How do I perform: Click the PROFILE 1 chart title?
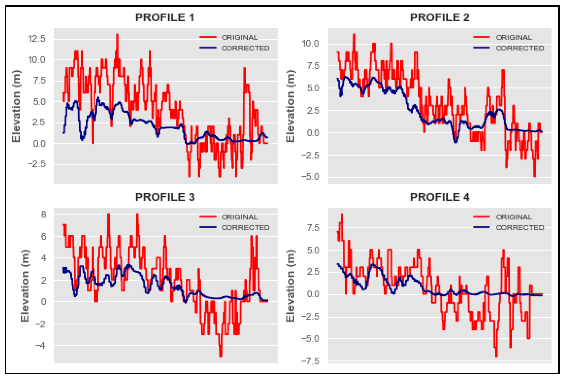(x=165, y=18)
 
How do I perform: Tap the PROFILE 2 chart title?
(x=439, y=18)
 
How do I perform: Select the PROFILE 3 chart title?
(x=165, y=197)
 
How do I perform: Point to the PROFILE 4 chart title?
(x=439, y=197)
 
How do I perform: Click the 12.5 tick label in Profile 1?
(x=37, y=39)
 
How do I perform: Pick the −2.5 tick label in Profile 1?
(x=37, y=164)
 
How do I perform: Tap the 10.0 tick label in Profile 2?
(x=310, y=43)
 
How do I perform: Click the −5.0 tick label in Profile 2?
(x=310, y=177)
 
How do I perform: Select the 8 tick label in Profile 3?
(x=44, y=214)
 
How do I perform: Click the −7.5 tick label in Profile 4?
(x=310, y=361)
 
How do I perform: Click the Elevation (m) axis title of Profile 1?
(x=16, y=106)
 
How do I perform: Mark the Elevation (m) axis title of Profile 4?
(x=290, y=286)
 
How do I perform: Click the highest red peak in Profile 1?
(x=117, y=35)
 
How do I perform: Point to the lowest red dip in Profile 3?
(x=220, y=356)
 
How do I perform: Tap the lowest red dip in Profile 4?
(x=496, y=356)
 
